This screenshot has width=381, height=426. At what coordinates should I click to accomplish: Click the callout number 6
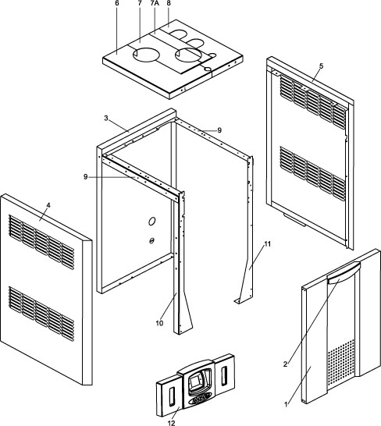coord(117,3)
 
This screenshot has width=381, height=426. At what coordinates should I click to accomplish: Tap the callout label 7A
coord(155,3)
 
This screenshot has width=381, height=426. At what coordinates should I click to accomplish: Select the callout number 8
coord(169,3)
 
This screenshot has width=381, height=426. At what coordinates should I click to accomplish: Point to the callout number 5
coord(322,66)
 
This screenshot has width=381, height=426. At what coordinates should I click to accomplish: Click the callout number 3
coord(106,118)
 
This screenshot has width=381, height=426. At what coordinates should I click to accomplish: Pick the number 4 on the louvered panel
coord(48,205)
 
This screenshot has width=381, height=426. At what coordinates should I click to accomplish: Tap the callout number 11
coord(268,244)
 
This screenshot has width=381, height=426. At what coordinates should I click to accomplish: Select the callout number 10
coord(159,323)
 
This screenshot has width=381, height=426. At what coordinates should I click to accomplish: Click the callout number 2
coord(285,364)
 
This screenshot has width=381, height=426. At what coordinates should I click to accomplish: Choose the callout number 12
coord(172,423)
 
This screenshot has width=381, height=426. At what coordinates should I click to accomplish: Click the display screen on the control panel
coord(195,382)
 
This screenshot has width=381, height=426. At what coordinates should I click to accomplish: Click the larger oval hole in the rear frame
coord(151,222)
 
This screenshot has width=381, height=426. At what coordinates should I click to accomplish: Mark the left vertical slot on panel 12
coord(172,397)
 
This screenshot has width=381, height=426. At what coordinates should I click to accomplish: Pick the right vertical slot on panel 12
coord(224,376)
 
